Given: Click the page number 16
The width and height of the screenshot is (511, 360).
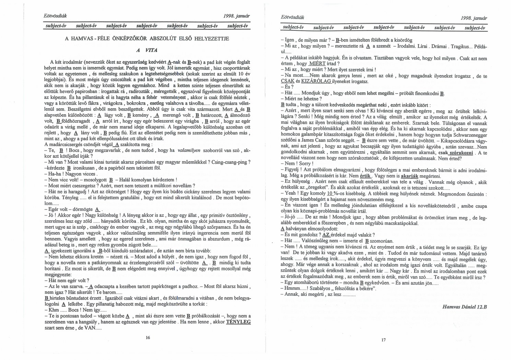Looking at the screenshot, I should pyautogui.click(x=148, y=337).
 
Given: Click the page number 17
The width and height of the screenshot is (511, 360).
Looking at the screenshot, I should pyautogui.click(x=383, y=340).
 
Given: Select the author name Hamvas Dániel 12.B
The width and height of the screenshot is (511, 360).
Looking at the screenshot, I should pyautogui.click(x=465, y=307).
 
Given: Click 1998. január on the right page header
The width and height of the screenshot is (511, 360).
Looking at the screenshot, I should pyautogui.click(x=475, y=18).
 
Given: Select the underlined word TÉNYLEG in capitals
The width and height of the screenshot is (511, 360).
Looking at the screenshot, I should pyautogui.click(x=238, y=322).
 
